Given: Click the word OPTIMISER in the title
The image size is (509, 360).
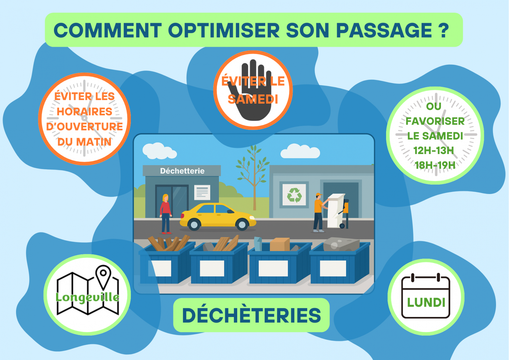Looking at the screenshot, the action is pos(224,30).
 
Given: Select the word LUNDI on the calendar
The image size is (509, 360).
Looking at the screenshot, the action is pos(426,302).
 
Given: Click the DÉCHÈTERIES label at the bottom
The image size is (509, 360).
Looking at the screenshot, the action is pos(252,315).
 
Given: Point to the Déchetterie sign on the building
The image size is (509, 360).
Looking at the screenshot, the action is pos(182,171).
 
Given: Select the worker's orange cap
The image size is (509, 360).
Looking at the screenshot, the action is pos(319,195).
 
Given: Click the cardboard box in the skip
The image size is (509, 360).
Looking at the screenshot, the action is pos(279,244).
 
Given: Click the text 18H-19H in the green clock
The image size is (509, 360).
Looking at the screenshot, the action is pos(435,165).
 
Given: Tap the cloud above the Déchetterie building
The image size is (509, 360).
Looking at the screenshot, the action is pos(159,151).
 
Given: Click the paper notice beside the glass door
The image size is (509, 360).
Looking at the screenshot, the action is pos(202,192).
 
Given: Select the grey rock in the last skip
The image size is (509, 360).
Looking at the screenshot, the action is pos(341,244).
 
